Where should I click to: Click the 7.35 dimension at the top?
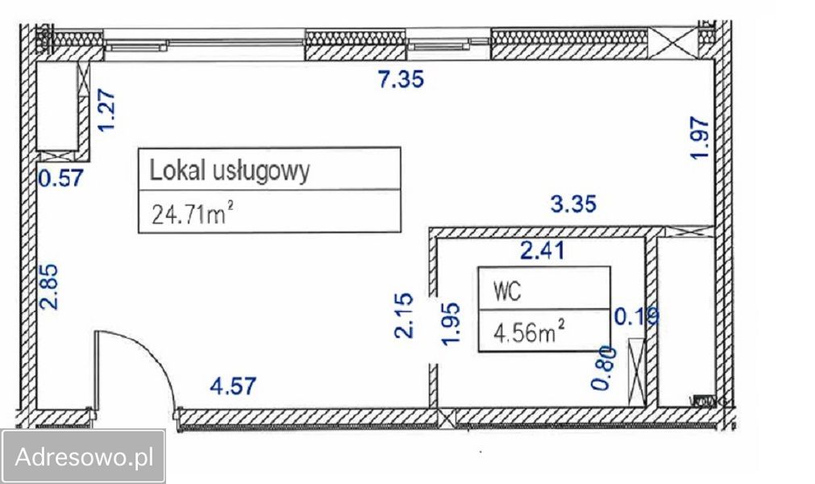401,80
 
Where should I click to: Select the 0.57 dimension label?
61,177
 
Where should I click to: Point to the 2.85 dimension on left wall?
50,287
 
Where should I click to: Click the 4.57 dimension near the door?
233,386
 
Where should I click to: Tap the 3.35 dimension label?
573,204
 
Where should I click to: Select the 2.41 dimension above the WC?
543,252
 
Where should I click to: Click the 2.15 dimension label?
405,315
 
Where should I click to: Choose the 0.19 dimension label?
637,315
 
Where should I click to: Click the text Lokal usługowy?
230,171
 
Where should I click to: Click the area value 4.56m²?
529,332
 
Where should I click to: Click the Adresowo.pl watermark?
85,457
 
